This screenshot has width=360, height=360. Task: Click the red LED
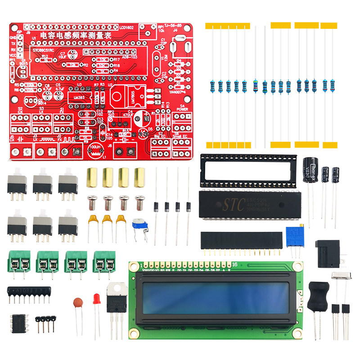click(x=96, y=299)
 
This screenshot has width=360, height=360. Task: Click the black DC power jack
click(x=328, y=252)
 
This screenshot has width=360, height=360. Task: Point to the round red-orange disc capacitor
click(x=78, y=302)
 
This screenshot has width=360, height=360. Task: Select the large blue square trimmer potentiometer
click(x=293, y=237)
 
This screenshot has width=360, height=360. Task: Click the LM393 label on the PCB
click(x=79, y=97)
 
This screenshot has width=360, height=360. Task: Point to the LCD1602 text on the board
click(x=127, y=27)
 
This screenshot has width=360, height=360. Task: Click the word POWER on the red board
click(x=183, y=109)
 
